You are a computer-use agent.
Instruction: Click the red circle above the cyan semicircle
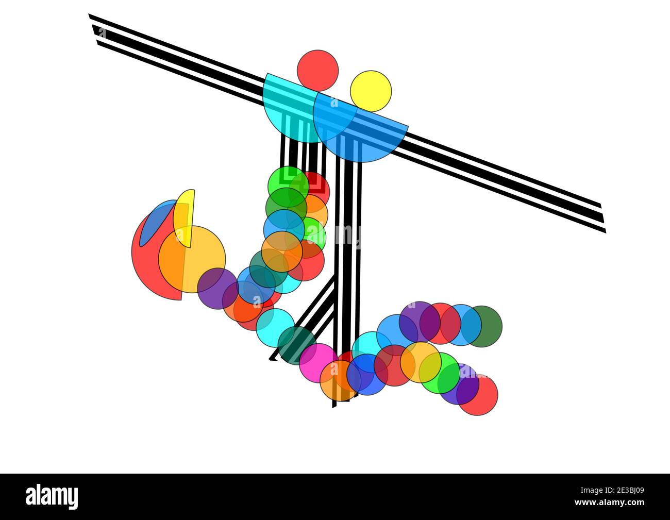pyautogui.click(x=317, y=70)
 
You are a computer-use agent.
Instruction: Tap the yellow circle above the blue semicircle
pyautogui.click(x=371, y=91)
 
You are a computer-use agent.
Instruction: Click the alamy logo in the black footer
pyautogui.click(x=53, y=496)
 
